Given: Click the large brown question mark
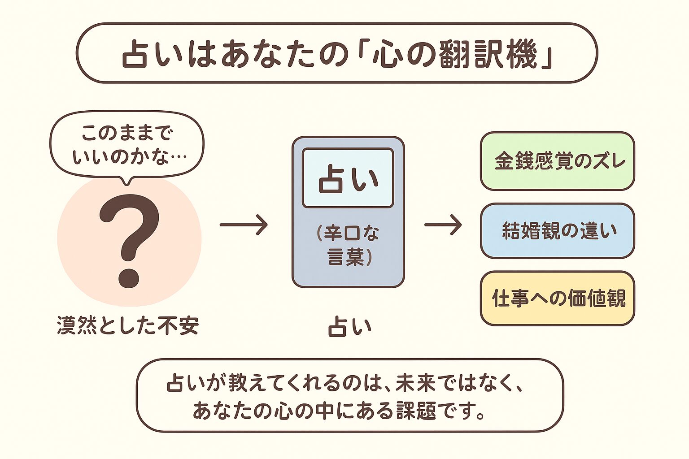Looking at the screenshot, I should [129, 233].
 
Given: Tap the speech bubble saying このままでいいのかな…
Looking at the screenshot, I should [127, 144].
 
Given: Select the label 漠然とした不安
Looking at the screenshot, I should [128, 325].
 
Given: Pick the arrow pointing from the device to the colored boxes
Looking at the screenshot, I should [443, 225].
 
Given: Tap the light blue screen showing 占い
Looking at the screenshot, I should [348, 178].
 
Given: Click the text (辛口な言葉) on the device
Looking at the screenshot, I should [348, 245].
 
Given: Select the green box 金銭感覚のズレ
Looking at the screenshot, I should [558, 161].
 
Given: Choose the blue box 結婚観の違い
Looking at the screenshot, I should [558, 231].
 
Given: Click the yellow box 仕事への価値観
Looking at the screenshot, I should [558, 298].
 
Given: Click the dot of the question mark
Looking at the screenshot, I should [129, 277].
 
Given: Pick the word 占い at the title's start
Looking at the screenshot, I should [146, 55].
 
